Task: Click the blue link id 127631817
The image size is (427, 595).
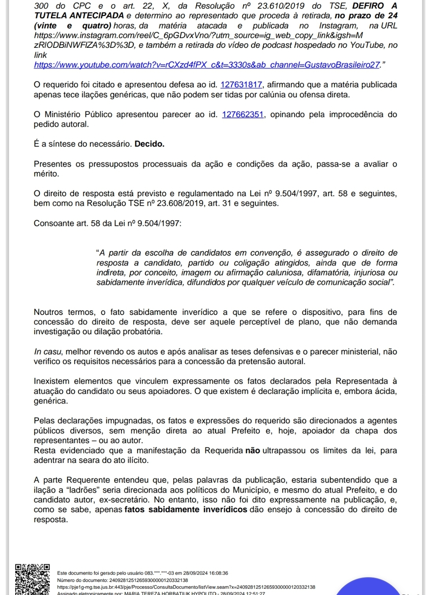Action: pyautogui.click(x=241, y=85)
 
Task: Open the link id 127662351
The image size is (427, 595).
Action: pyautogui.click(x=243, y=114)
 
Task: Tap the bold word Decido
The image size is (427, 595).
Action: pyautogui.click(x=149, y=144)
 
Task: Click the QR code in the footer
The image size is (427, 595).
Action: pyautogui.click(x=32, y=579)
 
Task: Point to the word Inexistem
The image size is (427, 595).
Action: pyautogui.click(x=51, y=381)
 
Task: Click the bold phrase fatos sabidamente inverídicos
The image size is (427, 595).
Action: pyautogui.click(x=186, y=510)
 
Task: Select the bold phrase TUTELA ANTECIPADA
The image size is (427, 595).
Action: pyautogui.click(x=79, y=16)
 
